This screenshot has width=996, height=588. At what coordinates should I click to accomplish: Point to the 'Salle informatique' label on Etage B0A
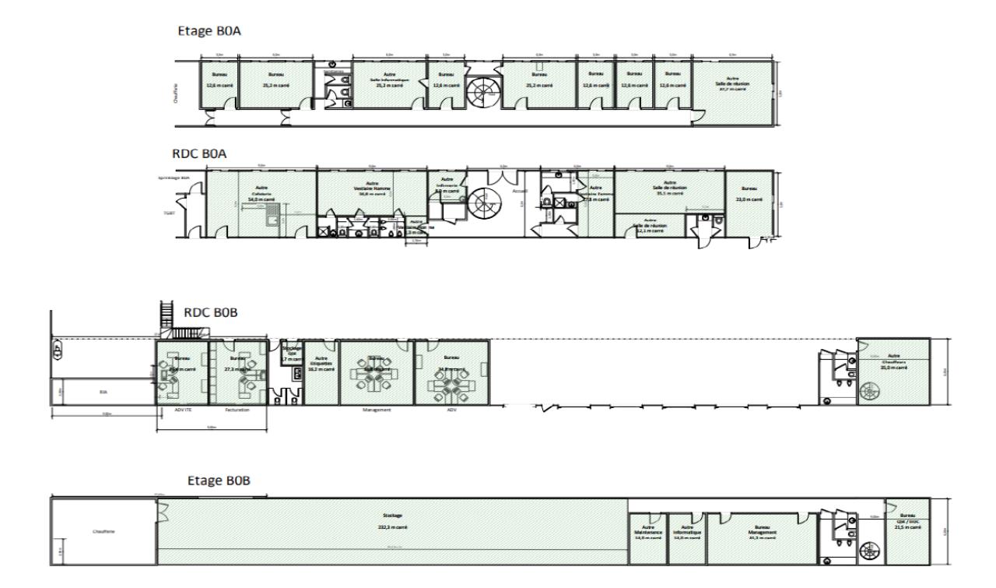click(x=390, y=80)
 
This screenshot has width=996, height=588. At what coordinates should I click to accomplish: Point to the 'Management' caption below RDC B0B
click(x=377, y=410)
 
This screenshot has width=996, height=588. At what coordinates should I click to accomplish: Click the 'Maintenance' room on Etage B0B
click(x=647, y=533)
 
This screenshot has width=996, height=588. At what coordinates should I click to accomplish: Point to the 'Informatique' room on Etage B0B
click(x=687, y=533)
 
